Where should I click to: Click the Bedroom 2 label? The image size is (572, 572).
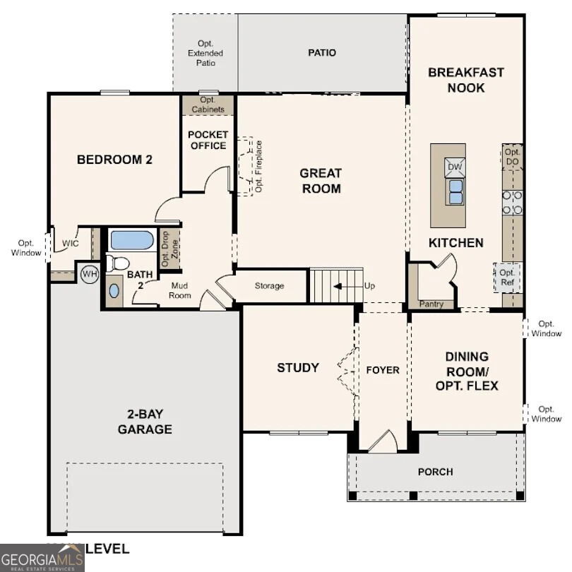pos(114,160)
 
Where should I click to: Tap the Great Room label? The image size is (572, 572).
pos(320,181)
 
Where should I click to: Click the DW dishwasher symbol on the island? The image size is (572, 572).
pos(455,167)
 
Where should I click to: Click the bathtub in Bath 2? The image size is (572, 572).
pos(132,240)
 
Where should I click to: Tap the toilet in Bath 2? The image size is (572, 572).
pos(117,263)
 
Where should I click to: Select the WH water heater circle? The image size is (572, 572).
pos(90,273)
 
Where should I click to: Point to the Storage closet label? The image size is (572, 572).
pos(269,286)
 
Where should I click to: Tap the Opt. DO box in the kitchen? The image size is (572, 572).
pos(512,157)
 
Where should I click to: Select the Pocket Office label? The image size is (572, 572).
pos(208,140)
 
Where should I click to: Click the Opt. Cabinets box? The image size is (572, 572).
pos(208,105)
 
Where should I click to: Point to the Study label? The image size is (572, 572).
pos(297,368)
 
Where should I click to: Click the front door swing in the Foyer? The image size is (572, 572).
pos(383,442)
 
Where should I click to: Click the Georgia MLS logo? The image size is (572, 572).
pos(42,557)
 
